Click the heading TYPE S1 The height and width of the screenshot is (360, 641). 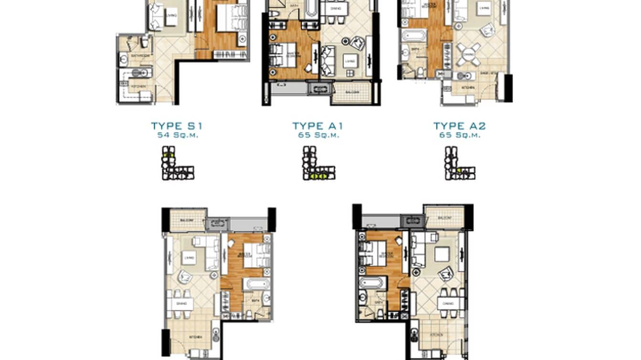point(177,126)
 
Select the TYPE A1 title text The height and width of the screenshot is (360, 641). point(318,126)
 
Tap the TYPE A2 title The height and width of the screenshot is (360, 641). point(459,126)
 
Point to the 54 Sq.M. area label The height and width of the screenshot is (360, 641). point(177,135)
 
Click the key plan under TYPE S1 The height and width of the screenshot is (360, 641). point(178,163)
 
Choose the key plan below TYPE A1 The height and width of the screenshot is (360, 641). point(319,163)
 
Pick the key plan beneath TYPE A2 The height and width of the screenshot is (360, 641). point(459,163)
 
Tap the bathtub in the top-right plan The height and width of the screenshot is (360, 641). point(413,36)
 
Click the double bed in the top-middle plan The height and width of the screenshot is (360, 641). point(278,54)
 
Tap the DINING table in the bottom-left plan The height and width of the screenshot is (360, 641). point(181,303)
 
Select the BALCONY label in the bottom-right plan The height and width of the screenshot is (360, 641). point(444,217)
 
